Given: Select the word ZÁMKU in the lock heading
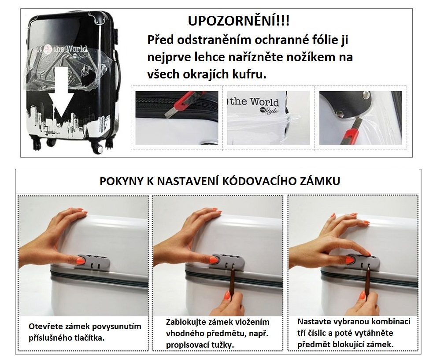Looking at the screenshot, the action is (x=322, y=181).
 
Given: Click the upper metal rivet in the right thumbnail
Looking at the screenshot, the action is (x=366, y=95).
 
